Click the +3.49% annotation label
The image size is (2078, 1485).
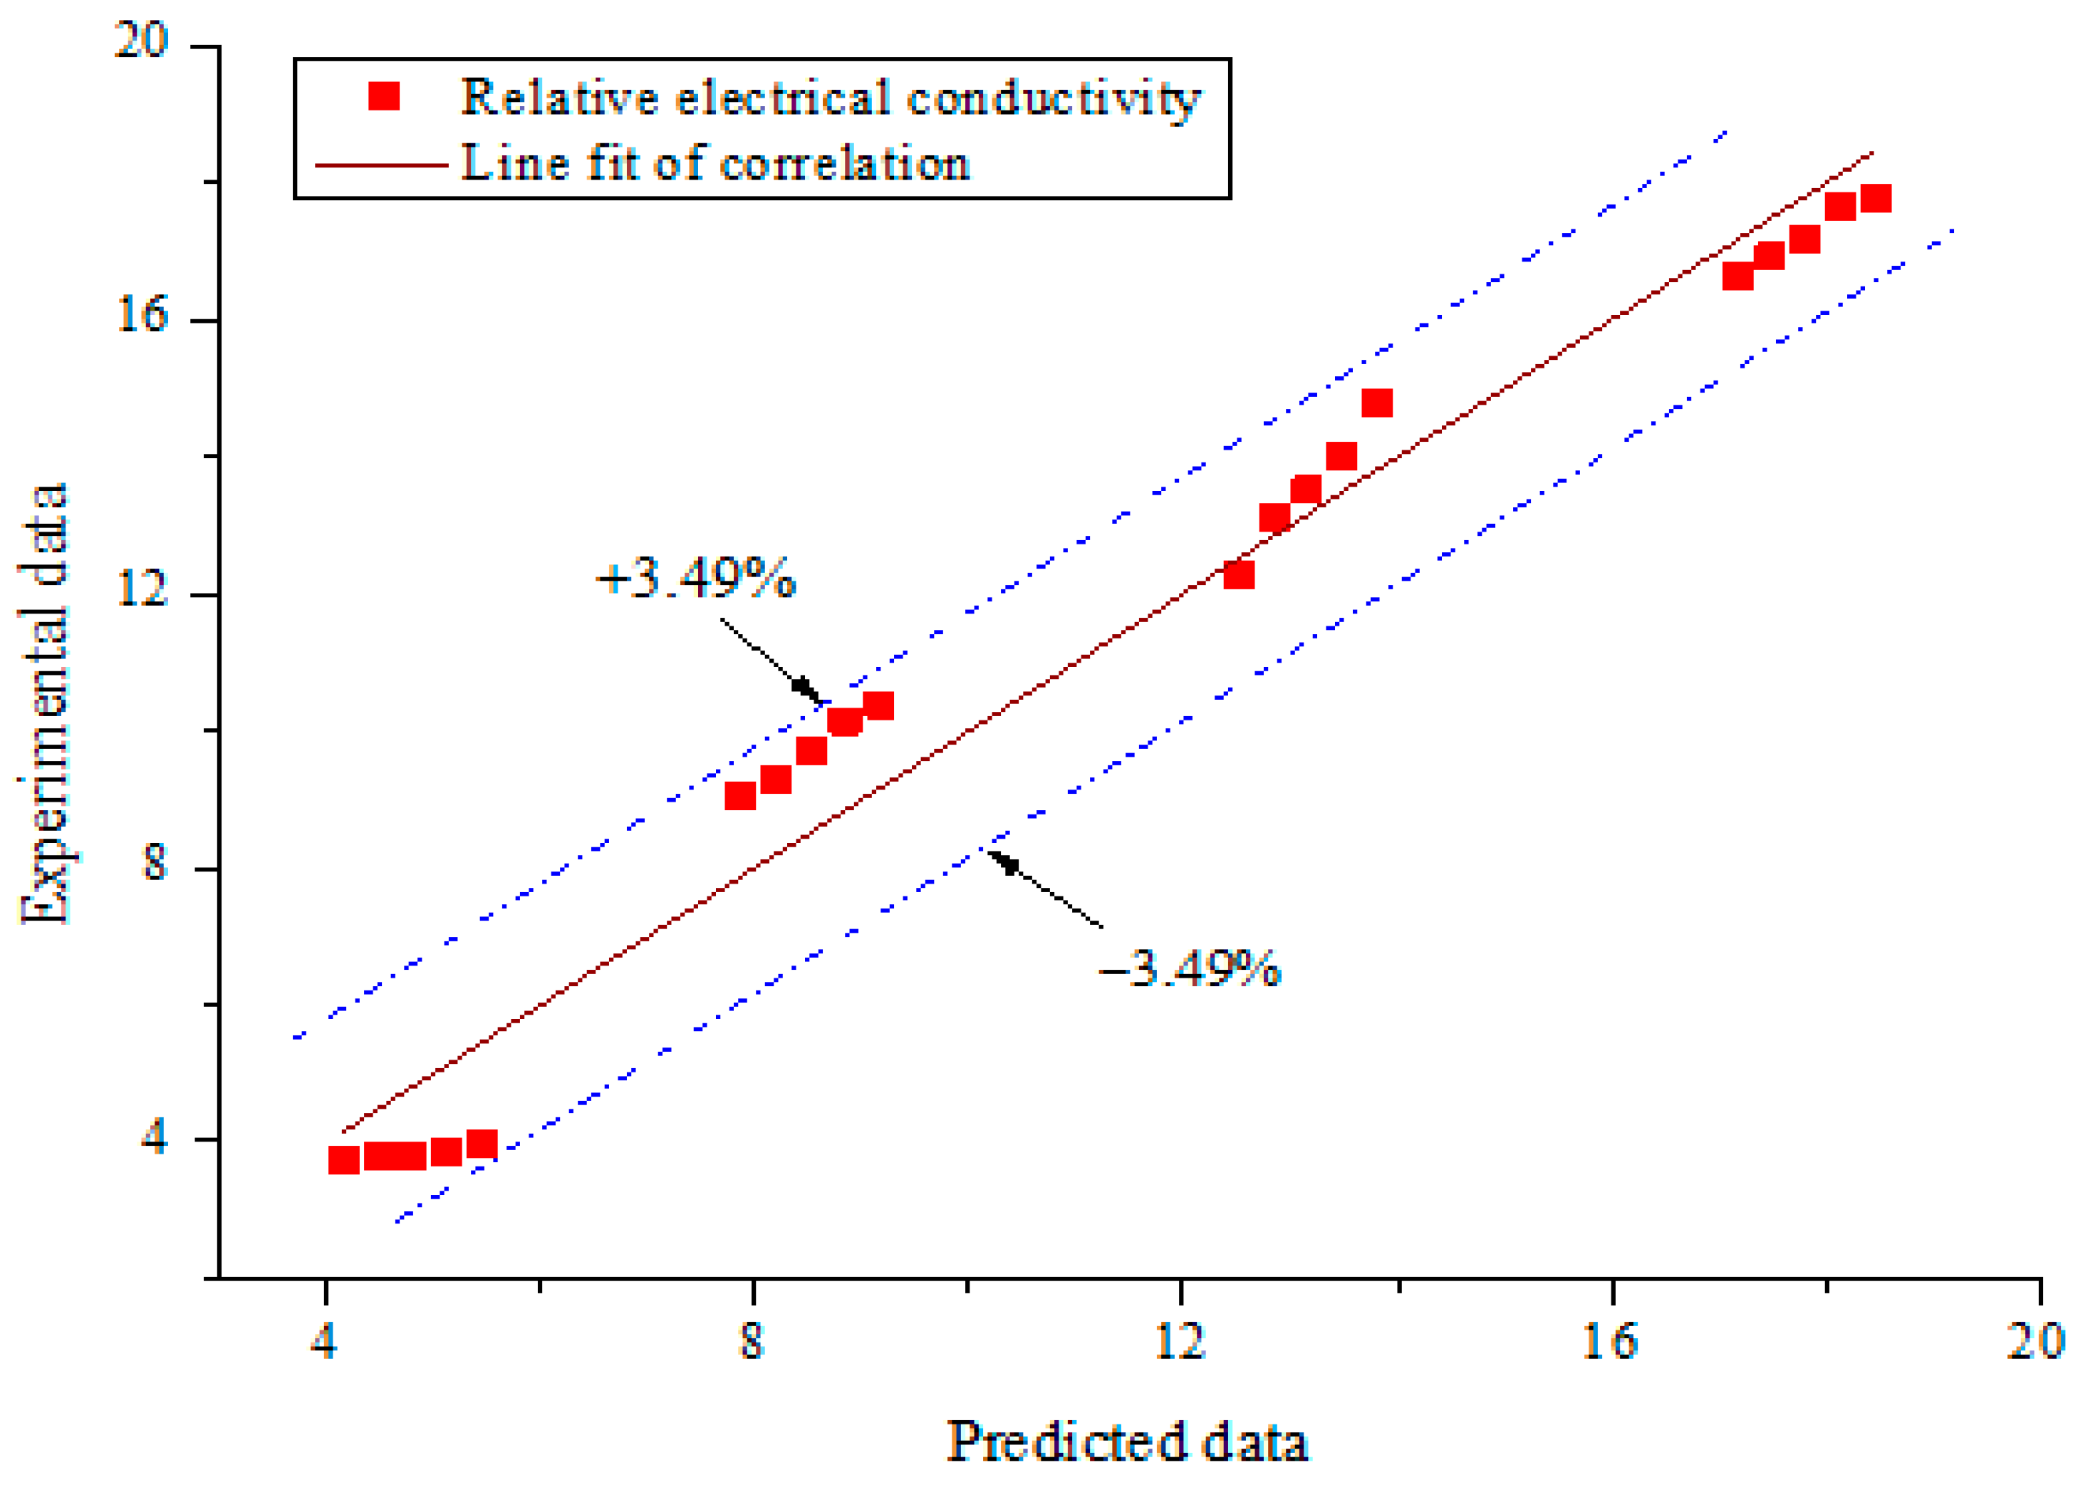[x=695, y=578]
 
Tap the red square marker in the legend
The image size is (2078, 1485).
[x=384, y=96]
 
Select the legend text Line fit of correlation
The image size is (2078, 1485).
[x=715, y=164]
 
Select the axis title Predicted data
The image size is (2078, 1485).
[x=1126, y=1442]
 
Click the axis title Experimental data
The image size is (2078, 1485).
[x=44, y=704]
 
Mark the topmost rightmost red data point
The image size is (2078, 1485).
[x=1875, y=198]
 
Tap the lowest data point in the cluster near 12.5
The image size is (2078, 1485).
[x=1239, y=574]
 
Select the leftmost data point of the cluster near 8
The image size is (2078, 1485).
[x=739, y=795]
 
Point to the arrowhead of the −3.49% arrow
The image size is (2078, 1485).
[x=1000, y=861]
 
